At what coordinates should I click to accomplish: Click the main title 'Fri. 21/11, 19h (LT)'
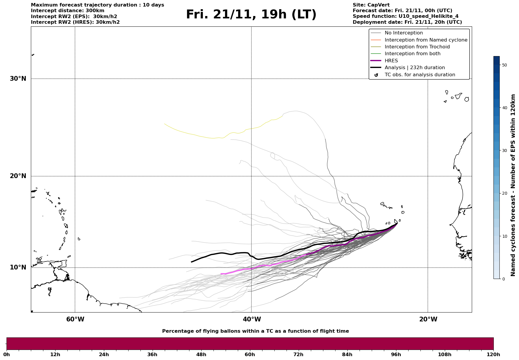click(x=251, y=15)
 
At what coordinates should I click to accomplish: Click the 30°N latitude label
click(x=18, y=79)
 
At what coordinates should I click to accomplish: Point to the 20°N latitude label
click(x=18, y=176)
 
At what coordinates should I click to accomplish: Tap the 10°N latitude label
click(x=18, y=267)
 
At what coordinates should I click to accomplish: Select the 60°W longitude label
click(x=75, y=319)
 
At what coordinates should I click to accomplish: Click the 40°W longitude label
click(x=251, y=319)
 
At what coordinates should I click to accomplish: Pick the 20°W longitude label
click(x=428, y=319)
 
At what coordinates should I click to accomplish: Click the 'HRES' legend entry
click(x=391, y=61)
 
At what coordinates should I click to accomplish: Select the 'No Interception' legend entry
click(x=404, y=33)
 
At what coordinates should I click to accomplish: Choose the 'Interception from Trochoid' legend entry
click(x=417, y=47)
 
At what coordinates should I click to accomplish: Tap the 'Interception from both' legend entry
click(x=412, y=54)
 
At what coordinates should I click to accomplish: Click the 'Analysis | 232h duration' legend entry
click(x=414, y=68)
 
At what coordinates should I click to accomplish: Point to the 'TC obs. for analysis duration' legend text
click(x=420, y=75)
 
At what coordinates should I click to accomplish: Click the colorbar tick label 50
click(x=504, y=65)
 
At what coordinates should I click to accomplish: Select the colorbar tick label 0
click(x=503, y=279)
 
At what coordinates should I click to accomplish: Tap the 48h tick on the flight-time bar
click(x=201, y=354)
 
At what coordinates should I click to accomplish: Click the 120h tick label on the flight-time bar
click(x=493, y=354)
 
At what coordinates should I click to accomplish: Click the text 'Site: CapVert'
click(x=371, y=5)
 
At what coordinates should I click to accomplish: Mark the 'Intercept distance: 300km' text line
click(x=67, y=11)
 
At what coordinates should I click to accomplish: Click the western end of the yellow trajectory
click(x=165, y=124)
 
